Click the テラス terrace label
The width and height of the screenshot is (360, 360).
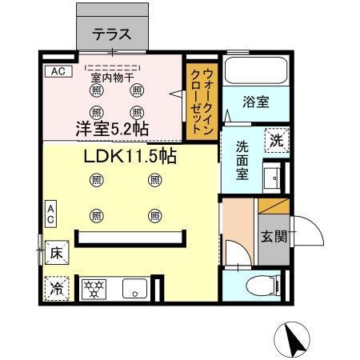tap(111, 34)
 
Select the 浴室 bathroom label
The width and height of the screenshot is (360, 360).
tap(255, 102)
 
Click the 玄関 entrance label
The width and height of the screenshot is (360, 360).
tap(272, 237)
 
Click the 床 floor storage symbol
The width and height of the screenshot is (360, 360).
tap(57, 251)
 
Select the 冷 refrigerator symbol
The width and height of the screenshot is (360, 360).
tap(57, 287)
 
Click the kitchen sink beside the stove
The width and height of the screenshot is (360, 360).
tap(133, 288)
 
